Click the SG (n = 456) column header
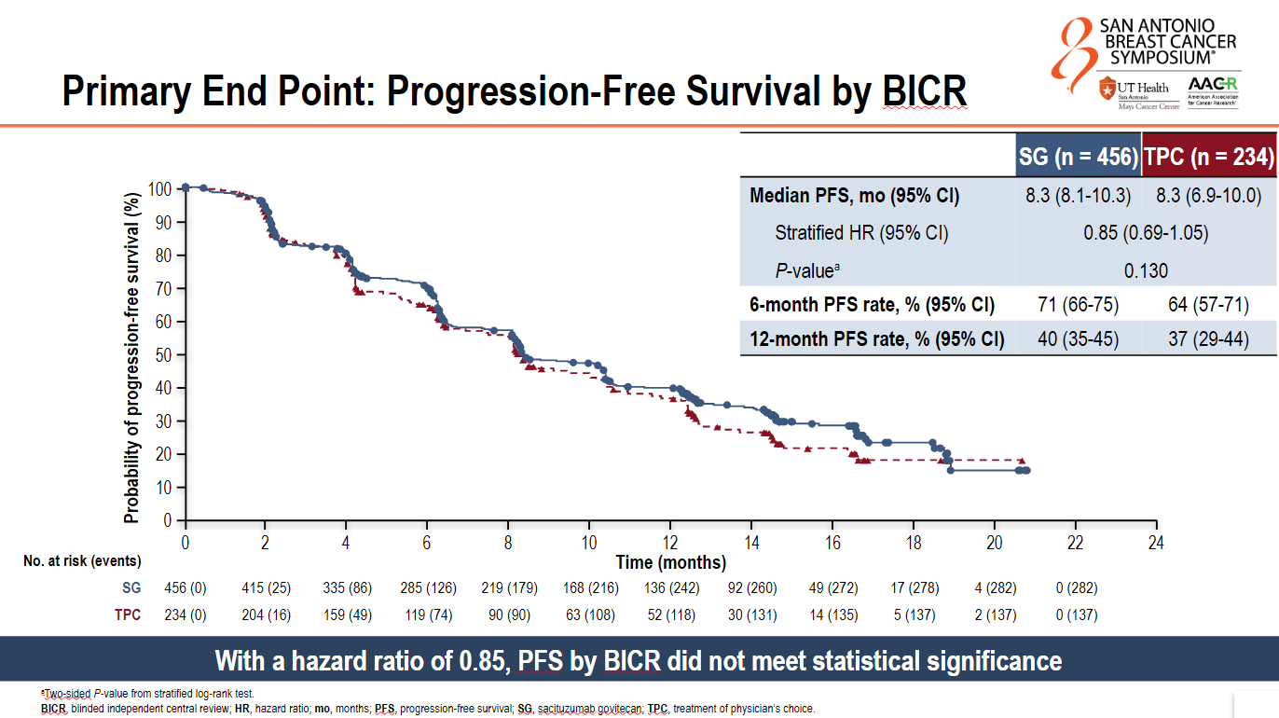(1078, 156)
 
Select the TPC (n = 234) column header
(1209, 156)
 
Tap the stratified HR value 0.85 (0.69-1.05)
(1146, 233)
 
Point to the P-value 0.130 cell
(1146, 270)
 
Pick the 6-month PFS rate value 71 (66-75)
(1078, 304)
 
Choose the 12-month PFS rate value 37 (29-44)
(1208, 338)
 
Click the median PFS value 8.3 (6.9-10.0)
(1209, 196)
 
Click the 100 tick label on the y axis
(160, 189)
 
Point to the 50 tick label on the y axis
(164, 355)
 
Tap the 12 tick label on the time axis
(670, 543)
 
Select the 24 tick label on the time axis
(1156, 543)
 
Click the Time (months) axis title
(671, 562)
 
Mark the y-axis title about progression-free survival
(131, 358)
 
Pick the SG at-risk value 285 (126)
(428, 587)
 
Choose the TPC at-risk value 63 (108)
(590, 615)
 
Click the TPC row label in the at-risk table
(128, 615)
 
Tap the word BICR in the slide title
(925, 90)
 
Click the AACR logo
(1213, 92)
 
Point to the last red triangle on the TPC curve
(1022, 461)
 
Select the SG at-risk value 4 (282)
(996, 587)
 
